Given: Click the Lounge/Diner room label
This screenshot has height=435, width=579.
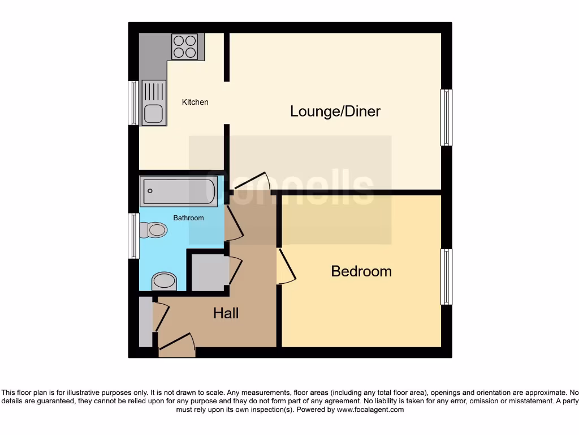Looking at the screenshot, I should [335, 111].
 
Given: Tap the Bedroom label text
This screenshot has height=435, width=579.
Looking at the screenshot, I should [361, 271].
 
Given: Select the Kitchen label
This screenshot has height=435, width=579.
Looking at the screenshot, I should [195, 103].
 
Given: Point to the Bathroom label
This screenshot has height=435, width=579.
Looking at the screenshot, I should [188, 218].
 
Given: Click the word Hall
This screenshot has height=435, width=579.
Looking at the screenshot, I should [226, 313].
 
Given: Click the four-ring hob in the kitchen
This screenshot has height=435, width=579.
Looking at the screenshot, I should [184, 47].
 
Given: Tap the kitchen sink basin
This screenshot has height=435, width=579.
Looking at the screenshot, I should [153, 113].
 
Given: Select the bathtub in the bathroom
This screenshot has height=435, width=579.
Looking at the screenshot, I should [178, 192].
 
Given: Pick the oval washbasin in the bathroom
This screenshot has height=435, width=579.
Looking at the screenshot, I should [164, 280].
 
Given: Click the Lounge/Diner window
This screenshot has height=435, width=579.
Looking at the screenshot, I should [446, 117].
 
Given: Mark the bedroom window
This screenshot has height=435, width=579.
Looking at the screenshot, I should [446, 276].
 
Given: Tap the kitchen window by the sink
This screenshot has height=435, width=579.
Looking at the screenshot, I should [133, 103].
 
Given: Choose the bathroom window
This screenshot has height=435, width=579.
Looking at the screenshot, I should [133, 236].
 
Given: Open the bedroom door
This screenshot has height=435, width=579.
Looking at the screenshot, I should [286, 267].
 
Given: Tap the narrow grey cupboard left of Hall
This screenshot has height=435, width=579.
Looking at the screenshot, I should [145, 322].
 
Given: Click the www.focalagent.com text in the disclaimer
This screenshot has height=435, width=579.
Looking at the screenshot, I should [370, 410].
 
